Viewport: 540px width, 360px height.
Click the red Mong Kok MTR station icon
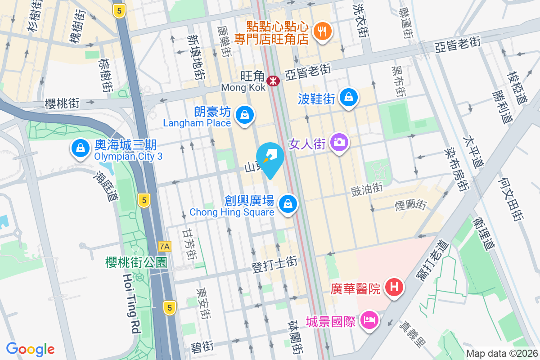coord(273,81)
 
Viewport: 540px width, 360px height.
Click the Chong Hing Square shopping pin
coord(287,203)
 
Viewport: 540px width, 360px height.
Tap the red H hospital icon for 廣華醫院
coord(394,287)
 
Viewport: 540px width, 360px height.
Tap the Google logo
coord(31,349)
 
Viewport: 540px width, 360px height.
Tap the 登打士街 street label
coord(274,261)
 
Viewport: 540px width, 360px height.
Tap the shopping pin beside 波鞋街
coord(349,97)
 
